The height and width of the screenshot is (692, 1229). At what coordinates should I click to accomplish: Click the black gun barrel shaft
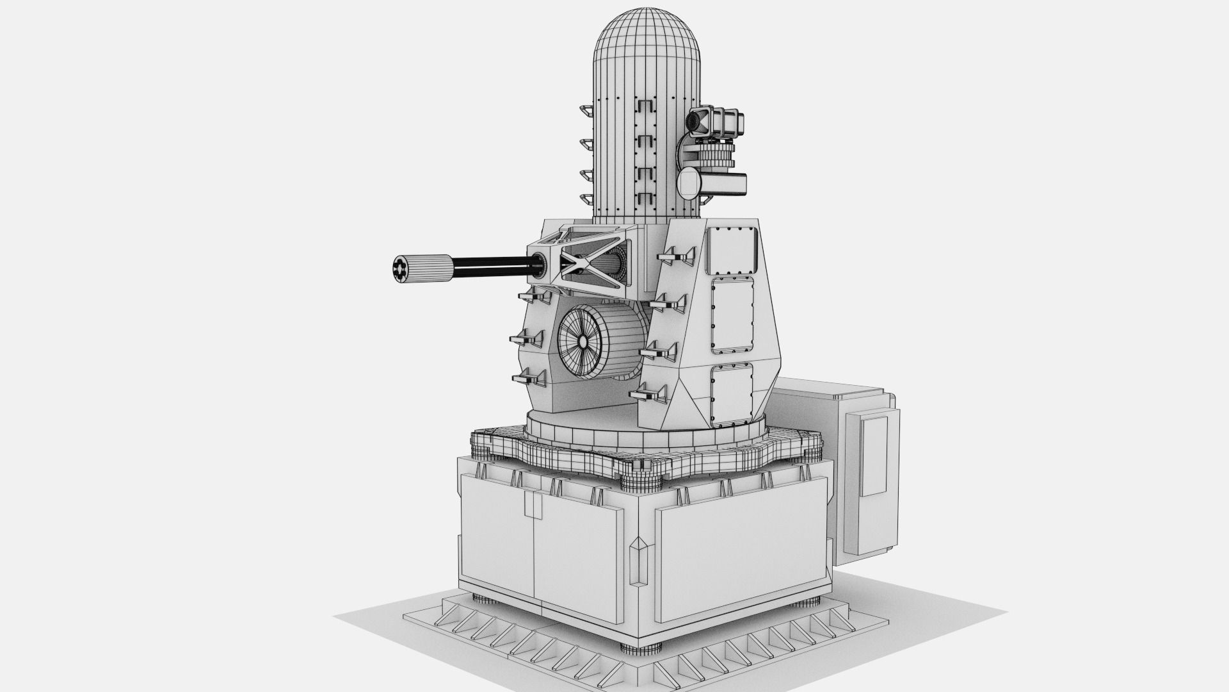point(490,263)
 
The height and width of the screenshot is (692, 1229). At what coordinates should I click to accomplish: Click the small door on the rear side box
point(874,456)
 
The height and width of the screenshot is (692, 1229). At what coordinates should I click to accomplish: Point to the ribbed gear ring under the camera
point(714,155)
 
